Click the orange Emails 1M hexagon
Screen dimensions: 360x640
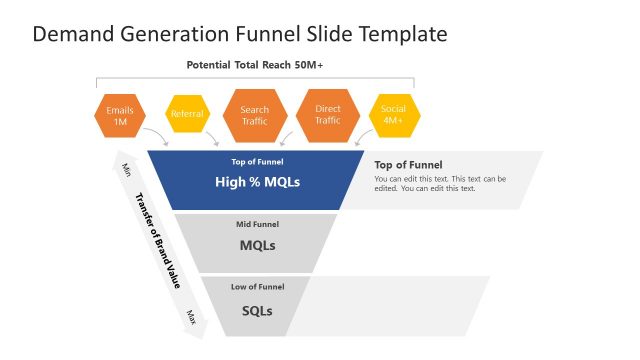119,115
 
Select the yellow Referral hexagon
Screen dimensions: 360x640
187,114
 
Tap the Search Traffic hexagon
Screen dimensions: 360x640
255,115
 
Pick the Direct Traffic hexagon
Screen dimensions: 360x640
328,115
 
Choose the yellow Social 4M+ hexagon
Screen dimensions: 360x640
393,115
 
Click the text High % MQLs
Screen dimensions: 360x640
257,182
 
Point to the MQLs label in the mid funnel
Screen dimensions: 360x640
257,245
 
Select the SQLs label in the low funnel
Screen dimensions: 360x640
257,310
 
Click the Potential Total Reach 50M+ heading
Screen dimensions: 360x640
255,65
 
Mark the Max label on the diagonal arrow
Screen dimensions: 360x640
190,316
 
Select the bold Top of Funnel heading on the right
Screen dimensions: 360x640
408,165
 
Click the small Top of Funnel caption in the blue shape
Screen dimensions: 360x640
257,161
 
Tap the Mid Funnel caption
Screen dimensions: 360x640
257,224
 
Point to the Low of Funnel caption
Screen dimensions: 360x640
257,287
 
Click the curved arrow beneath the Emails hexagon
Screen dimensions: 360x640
155,136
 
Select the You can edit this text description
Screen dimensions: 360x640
440,183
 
